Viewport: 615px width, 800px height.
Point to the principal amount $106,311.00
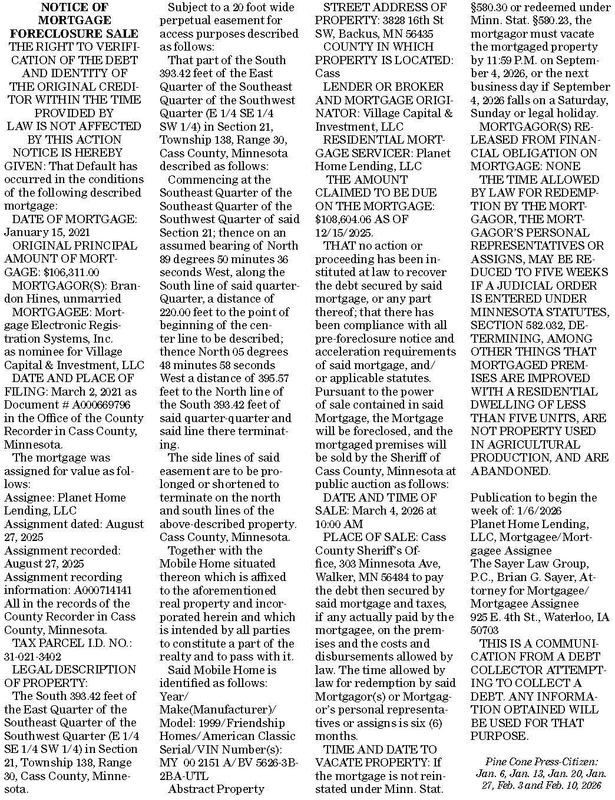(71, 272)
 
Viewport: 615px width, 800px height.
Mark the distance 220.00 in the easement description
(177, 312)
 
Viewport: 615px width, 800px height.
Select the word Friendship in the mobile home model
(254, 722)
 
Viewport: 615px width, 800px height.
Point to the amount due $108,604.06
(347, 219)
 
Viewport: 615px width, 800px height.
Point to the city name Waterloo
(571, 617)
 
